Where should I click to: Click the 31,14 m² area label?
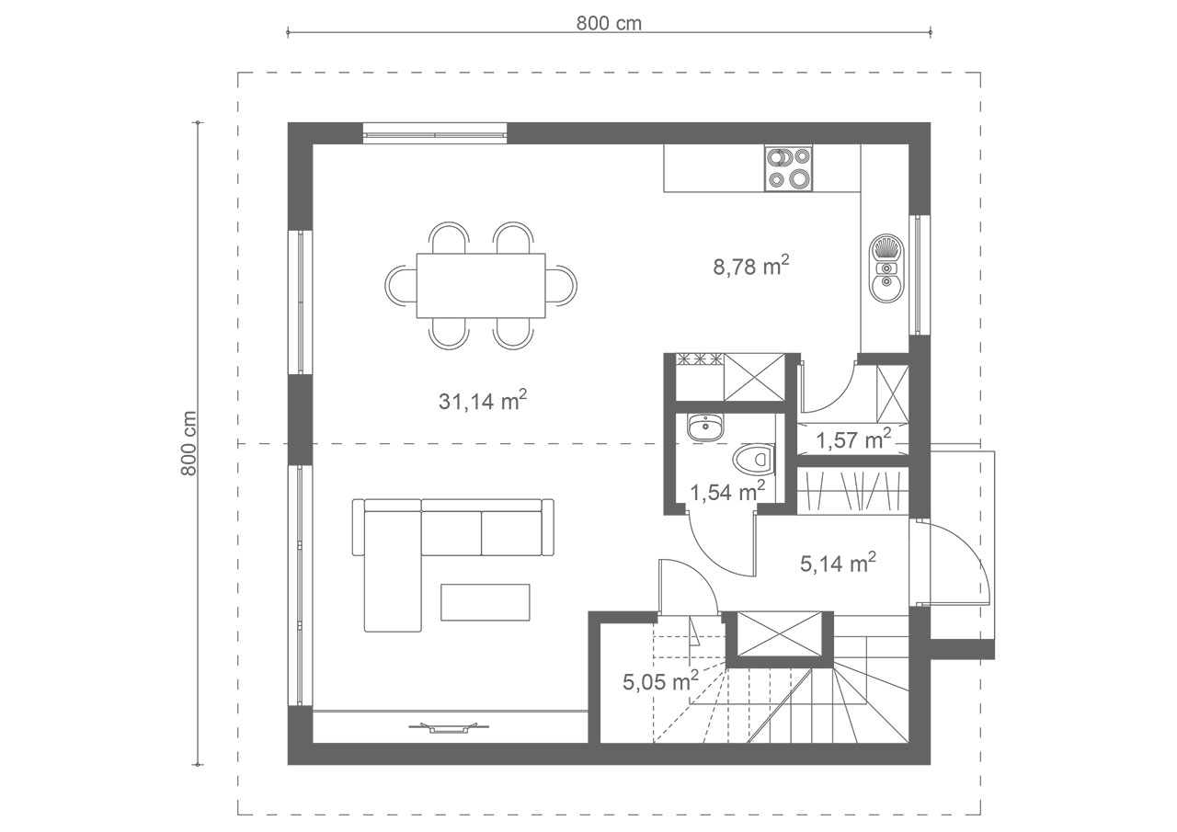coord(483,402)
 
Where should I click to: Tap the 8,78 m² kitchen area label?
coord(751,267)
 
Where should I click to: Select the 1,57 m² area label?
coord(853,439)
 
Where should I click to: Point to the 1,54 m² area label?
coord(727,492)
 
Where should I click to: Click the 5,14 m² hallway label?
coord(838,564)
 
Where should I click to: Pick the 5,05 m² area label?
coord(660,682)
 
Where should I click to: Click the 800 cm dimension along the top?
coord(609,24)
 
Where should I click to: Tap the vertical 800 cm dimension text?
coord(189,443)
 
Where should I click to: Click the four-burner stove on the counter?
coord(788,168)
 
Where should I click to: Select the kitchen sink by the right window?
coord(886,268)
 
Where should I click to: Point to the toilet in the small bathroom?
coord(753,460)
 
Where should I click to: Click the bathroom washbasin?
coord(705,427)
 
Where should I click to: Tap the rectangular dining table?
coord(481,286)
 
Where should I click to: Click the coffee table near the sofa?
coord(485,602)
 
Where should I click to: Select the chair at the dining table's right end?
coord(561,286)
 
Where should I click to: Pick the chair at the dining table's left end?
coord(401,286)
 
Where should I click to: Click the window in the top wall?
coord(435,133)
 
